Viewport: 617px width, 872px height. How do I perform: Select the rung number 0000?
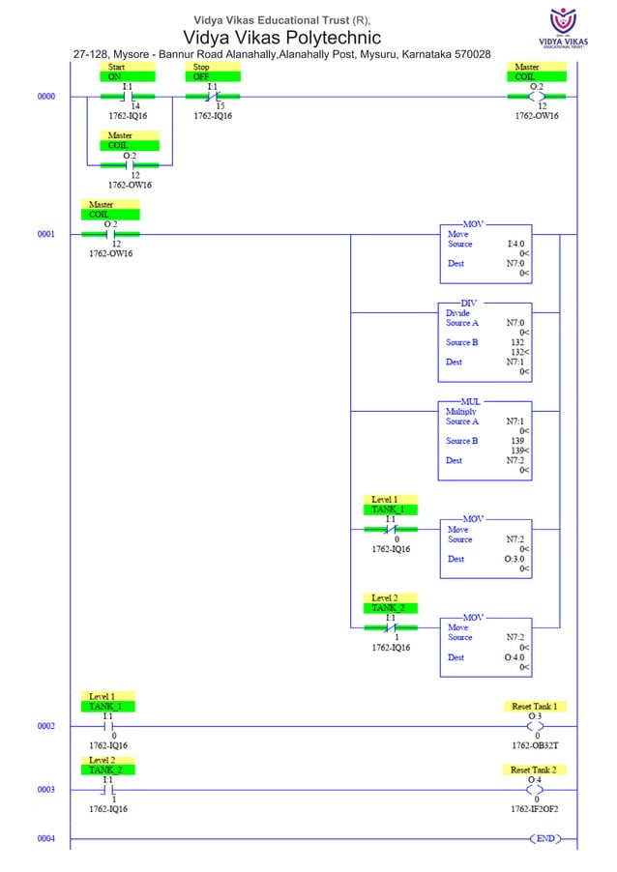click(46, 97)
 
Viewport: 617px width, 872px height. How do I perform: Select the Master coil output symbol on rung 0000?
click(538, 97)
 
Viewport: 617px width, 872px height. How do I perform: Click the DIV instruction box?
click(485, 341)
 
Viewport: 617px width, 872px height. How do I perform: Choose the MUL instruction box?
click(485, 439)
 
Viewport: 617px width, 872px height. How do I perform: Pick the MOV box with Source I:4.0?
click(485, 253)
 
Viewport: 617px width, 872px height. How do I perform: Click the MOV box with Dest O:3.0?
click(485, 548)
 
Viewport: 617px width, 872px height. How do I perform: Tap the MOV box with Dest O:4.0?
click(485, 646)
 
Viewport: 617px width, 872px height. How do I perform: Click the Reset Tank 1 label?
click(539, 707)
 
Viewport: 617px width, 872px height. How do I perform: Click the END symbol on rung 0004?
click(545, 838)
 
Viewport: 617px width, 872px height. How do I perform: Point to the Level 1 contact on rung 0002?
click(108, 725)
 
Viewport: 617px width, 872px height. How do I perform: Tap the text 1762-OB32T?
click(536, 745)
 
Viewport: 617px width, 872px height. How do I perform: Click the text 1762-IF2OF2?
click(536, 809)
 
